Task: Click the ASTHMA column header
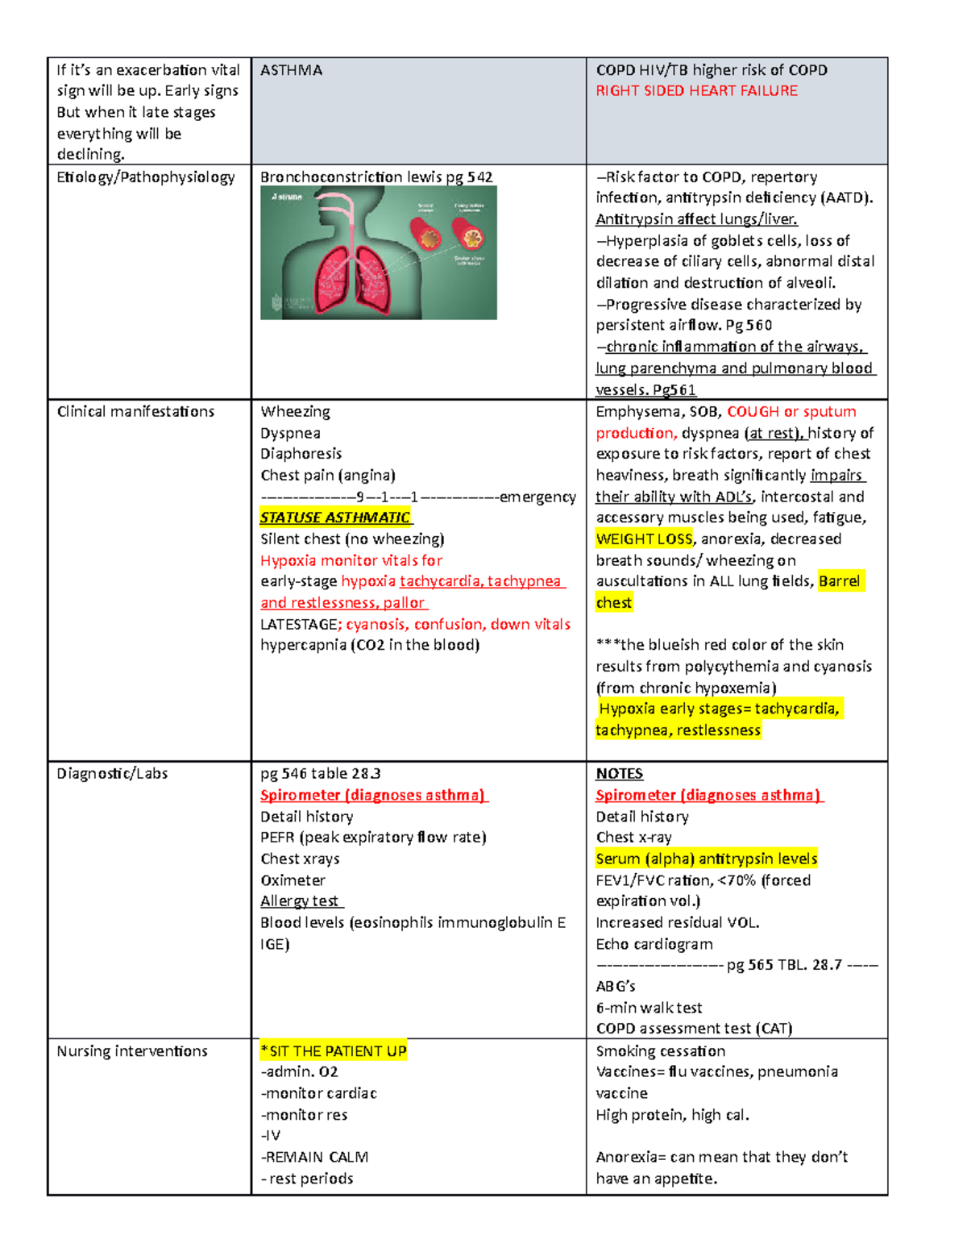pyautogui.click(x=291, y=70)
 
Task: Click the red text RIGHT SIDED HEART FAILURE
pyautogui.click(x=696, y=91)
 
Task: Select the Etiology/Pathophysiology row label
pyautogui.click(x=146, y=177)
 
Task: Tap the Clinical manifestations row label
pyautogui.click(x=135, y=412)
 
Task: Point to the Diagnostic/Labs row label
pyautogui.click(x=112, y=774)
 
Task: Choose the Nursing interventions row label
pyautogui.click(x=132, y=1051)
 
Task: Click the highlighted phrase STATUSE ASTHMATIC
pyautogui.click(x=335, y=518)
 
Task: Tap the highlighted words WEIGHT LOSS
pyautogui.click(x=644, y=539)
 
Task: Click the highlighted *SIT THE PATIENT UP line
pyautogui.click(x=334, y=1051)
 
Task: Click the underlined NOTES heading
pyautogui.click(x=619, y=774)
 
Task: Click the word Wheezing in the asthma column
pyautogui.click(x=295, y=412)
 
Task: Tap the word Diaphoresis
pyautogui.click(x=301, y=454)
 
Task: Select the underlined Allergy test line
pyautogui.click(x=300, y=901)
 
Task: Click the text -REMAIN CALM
pyautogui.click(x=314, y=1158)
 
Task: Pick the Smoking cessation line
pyautogui.click(x=660, y=1051)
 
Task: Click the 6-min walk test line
pyautogui.click(x=649, y=1008)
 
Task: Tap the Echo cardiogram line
pyautogui.click(x=654, y=944)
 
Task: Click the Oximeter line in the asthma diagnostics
pyautogui.click(x=293, y=880)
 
